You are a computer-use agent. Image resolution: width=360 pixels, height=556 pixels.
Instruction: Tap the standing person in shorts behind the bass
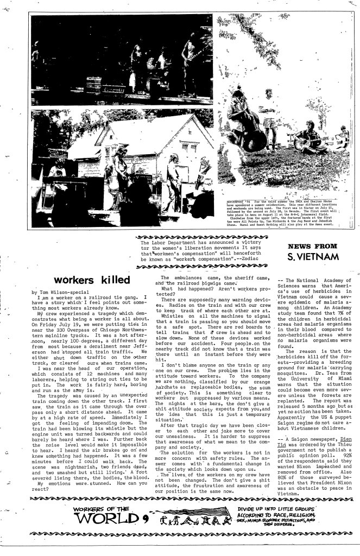pyautogui.click(x=260, y=109)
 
